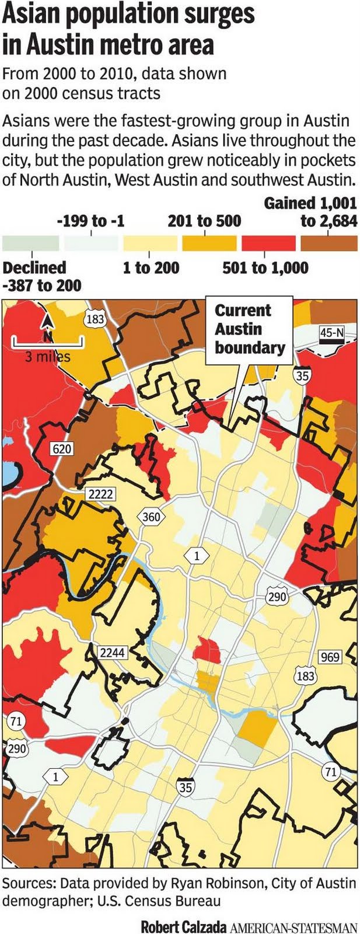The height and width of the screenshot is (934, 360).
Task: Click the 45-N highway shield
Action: tap(332, 333)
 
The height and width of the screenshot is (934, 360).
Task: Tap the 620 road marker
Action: tap(62, 448)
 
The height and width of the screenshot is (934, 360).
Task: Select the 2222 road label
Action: tap(100, 494)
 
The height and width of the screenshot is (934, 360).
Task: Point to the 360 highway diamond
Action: tap(151, 517)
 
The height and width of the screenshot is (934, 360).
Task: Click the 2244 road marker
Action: tap(111, 652)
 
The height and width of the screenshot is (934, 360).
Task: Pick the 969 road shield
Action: tap(330, 657)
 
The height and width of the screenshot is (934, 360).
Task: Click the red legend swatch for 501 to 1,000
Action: tap(268, 243)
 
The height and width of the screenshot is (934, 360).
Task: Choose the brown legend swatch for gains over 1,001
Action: tap(328, 243)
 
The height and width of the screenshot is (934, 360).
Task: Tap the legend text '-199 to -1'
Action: tap(90, 221)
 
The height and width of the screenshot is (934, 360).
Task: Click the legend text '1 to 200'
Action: tap(151, 267)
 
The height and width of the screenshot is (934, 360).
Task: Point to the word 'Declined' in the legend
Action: tap(34, 267)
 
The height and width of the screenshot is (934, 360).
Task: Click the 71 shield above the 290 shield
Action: tap(15, 722)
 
